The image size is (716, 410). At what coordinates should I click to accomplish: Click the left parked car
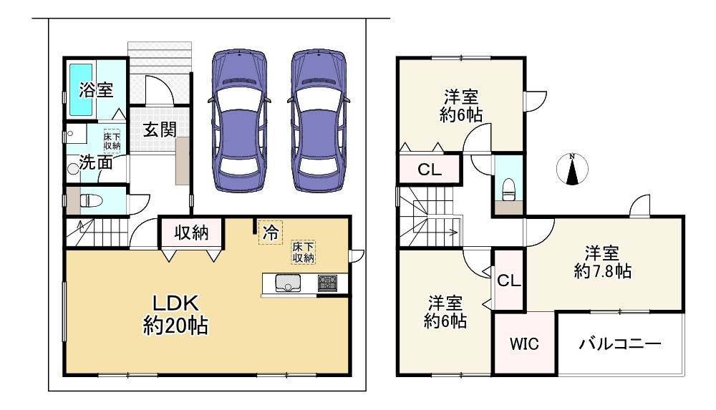pyautogui.click(x=239, y=120)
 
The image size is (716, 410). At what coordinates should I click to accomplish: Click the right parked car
pyautogui.click(x=319, y=120)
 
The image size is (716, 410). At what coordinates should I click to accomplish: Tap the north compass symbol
pyautogui.click(x=572, y=169)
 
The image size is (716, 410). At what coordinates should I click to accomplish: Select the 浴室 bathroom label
pyautogui.click(x=96, y=89)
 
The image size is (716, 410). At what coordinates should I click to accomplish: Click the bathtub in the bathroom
pyautogui.click(x=82, y=89)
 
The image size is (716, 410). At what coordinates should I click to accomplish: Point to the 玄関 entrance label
pyautogui.click(x=160, y=130)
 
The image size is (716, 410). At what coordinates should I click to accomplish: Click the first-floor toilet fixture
pyautogui.click(x=91, y=200)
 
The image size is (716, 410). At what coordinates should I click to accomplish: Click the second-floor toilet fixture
pyautogui.click(x=508, y=189)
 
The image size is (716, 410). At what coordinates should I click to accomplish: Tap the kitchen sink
pyautogui.click(x=288, y=283)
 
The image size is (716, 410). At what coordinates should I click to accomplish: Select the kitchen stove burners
pyautogui.click(x=327, y=283)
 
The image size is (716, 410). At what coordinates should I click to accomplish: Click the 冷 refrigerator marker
pyautogui.click(x=271, y=233)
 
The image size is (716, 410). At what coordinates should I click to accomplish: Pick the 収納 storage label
pyautogui.click(x=191, y=233)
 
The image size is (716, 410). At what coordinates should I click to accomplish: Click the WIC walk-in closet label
pyautogui.click(x=524, y=343)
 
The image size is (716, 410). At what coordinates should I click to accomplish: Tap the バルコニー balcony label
pyautogui.click(x=620, y=343)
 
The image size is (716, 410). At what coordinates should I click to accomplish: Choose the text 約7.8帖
pyautogui.click(x=603, y=272)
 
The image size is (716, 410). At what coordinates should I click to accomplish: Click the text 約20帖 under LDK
pyautogui.click(x=176, y=326)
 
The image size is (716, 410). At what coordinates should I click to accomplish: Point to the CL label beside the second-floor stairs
pyautogui.click(x=430, y=170)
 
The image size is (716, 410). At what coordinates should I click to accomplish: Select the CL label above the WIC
pyautogui.click(x=508, y=280)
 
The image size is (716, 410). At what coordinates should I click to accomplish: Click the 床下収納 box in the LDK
pyautogui.click(x=304, y=253)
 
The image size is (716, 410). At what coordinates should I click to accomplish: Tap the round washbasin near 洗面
pyautogui.click(x=73, y=168)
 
